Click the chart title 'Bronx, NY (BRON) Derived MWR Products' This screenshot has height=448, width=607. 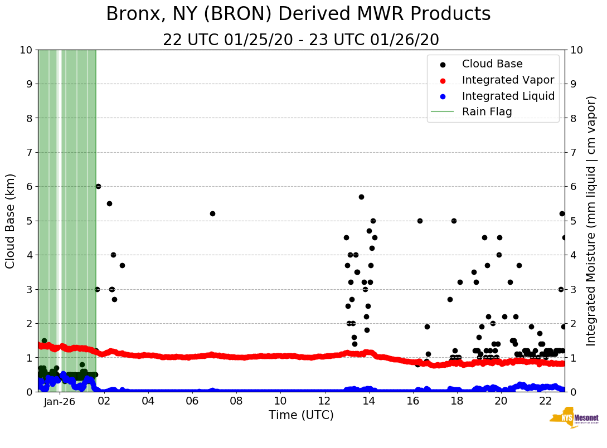point(298,14)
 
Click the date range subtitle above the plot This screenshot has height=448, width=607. point(301,40)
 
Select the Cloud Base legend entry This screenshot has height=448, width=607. point(492,64)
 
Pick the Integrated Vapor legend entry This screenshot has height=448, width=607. point(508,80)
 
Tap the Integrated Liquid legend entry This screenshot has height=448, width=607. point(508,96)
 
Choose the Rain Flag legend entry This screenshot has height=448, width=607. point(487,111)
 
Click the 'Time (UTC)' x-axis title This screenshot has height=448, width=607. point(301,415)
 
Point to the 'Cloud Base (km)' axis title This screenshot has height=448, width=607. point(11,221)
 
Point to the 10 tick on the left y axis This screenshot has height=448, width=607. point(26,50)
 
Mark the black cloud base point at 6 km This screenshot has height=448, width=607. point(98,186)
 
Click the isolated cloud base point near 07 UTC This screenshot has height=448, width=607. point(212,213)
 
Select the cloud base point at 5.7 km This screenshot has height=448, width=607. point(361,197)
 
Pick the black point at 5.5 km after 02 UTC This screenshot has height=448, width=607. point(109,203)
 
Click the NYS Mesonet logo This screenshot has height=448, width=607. point(574,420)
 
